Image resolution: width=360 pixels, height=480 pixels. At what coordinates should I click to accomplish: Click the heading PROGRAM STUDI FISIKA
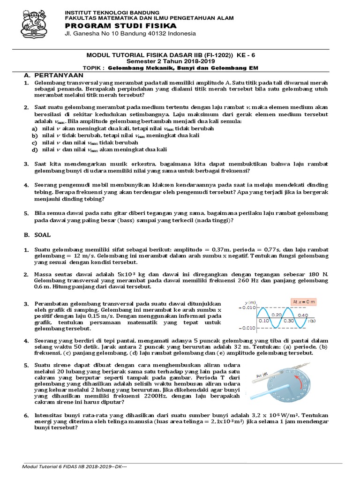tap(120, 25)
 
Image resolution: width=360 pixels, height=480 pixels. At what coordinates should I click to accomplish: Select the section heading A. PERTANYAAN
tap(53, 75)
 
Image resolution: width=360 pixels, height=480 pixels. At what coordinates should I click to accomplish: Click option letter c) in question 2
tap(34, 142)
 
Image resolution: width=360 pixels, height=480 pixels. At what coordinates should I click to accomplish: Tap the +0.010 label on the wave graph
tap(247, 307)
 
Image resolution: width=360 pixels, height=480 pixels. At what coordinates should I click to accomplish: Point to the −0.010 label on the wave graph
tap(247, 327)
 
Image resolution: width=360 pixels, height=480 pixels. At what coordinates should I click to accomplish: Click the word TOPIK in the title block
tap(93, 67)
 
